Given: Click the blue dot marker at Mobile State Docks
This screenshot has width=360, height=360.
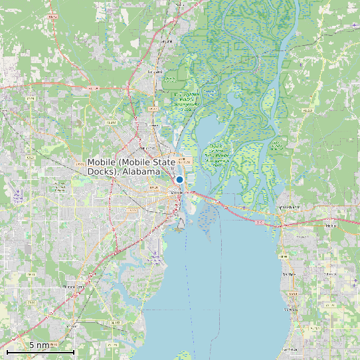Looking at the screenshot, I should (179, 180).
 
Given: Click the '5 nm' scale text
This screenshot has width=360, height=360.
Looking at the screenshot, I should (39, 345).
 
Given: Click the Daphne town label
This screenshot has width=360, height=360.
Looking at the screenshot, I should (288, 273).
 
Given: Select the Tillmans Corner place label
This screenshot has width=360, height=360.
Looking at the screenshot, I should (74, 286).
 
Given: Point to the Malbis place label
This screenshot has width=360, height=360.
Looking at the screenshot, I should (331, 226).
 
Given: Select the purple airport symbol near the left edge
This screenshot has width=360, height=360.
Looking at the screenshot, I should (18, 196).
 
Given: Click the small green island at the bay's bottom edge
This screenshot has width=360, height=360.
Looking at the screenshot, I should (181, 355).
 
